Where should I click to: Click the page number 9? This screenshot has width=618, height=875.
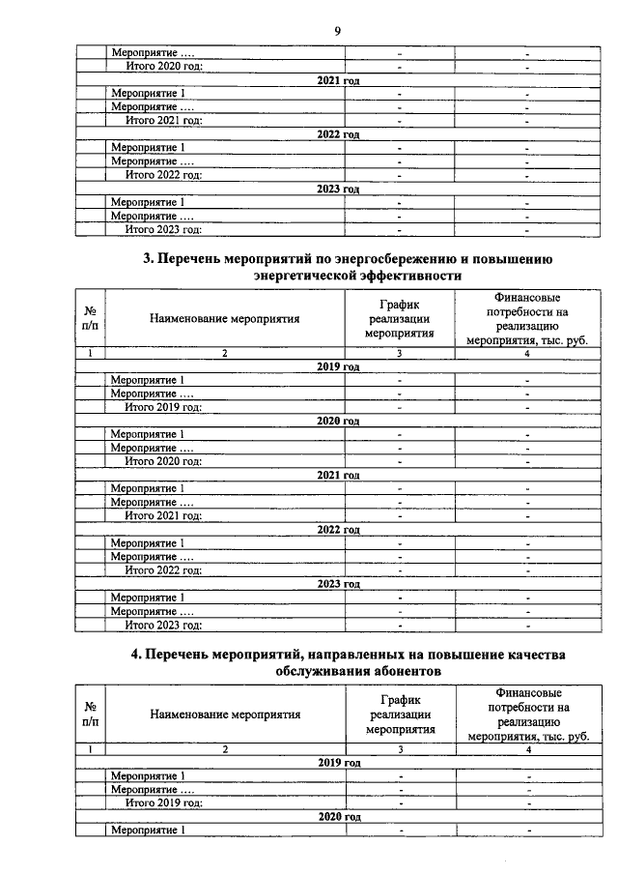click(337, 31)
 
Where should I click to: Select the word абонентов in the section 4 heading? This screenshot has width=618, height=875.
click(402, 670)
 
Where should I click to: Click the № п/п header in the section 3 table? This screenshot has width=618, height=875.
click(90, 320)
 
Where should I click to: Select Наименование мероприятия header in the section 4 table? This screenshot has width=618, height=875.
click(224, 715)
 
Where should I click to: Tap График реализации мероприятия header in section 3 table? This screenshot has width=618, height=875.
click(398, 320)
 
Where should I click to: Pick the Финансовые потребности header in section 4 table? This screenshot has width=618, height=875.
click(527, 715)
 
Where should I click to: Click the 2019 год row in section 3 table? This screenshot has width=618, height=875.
click(338, 367)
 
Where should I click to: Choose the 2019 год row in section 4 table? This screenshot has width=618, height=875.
click(338, 763)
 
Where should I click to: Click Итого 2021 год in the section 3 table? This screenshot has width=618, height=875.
click(163, 516)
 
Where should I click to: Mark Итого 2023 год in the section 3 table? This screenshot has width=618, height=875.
click(163, 626)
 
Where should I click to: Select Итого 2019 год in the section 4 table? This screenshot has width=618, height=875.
click(163, 802)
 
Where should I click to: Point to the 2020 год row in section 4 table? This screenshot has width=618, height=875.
click(338, 817)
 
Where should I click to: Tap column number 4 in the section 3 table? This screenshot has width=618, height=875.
click(527, 354)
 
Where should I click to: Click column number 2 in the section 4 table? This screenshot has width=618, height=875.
click(224, 749)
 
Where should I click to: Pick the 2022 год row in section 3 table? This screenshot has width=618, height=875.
click(338, 531)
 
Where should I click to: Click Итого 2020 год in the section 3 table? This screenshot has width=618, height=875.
click(163, 462)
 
